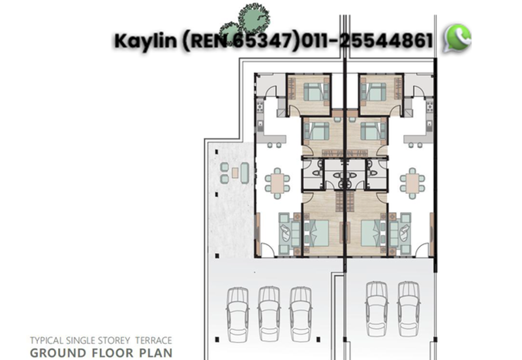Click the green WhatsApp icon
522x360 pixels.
[457, 38]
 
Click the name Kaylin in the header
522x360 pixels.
[145, 41]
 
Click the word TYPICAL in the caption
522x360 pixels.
[48, 340]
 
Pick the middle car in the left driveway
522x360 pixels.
[269, 310]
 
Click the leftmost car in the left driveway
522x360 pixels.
[237, 310]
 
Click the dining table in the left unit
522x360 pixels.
[278, 183]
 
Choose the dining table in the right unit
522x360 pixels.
[412, 183]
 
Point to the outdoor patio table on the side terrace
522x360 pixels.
[234, 173]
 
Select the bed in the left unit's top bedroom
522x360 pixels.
[316, 92]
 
